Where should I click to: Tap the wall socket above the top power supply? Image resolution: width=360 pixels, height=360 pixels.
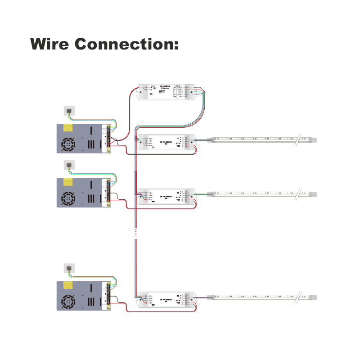[69, 110]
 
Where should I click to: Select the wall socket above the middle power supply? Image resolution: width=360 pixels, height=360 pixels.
[69, 165]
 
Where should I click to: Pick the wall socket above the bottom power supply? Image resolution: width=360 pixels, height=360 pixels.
[69, 268]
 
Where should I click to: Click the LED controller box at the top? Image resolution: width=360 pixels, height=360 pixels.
[166, 92]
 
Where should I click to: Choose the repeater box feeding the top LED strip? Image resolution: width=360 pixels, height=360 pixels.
[166, 142]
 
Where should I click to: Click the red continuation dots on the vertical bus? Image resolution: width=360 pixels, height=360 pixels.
[136, 232]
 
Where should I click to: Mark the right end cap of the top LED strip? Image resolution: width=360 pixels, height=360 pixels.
[313, 139]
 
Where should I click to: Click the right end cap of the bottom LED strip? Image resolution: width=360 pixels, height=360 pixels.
[313, 297]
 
